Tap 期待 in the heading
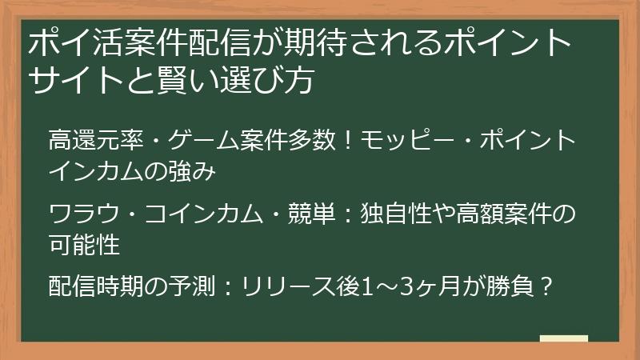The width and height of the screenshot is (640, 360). pyautogui.click(x=286, y=42)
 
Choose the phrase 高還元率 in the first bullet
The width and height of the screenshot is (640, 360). pyautogui.click(x=87, y=141)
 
